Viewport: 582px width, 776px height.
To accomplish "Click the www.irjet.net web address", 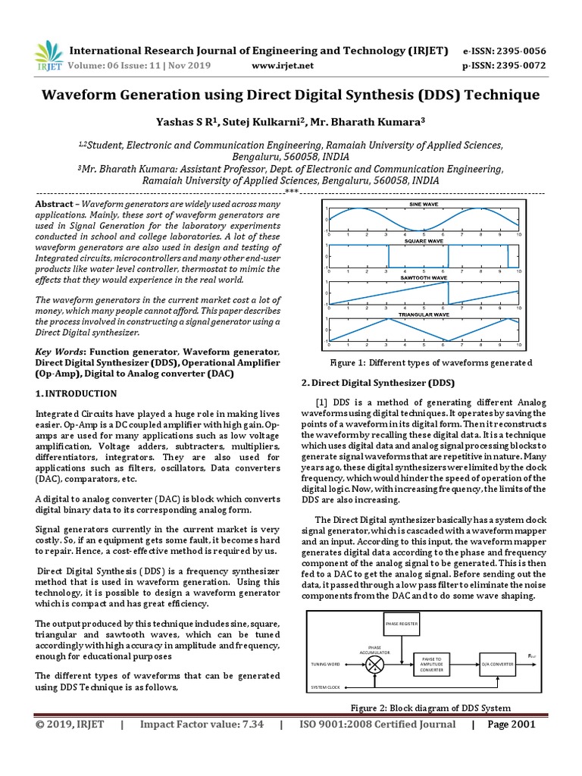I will click(x=281, y=66).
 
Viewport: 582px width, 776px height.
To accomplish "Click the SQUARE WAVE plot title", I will click(x=423, y=241).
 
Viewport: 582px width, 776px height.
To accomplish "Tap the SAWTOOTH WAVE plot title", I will click(x=424, y=278).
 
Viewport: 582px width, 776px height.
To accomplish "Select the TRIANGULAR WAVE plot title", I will click(x=423, y=314).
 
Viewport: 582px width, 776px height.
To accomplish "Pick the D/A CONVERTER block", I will click(x=497, y=664).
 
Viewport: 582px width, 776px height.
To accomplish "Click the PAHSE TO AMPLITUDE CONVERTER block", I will click(x=430, y=664).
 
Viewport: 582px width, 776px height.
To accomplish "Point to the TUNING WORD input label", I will click(x=327, y=664).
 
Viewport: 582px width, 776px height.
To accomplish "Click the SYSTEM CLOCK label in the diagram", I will click(x=326, y=687).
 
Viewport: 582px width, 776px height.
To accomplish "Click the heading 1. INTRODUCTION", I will click(x=77, y=393).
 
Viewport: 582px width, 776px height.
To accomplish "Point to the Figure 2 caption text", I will click(x=430, y=708).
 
